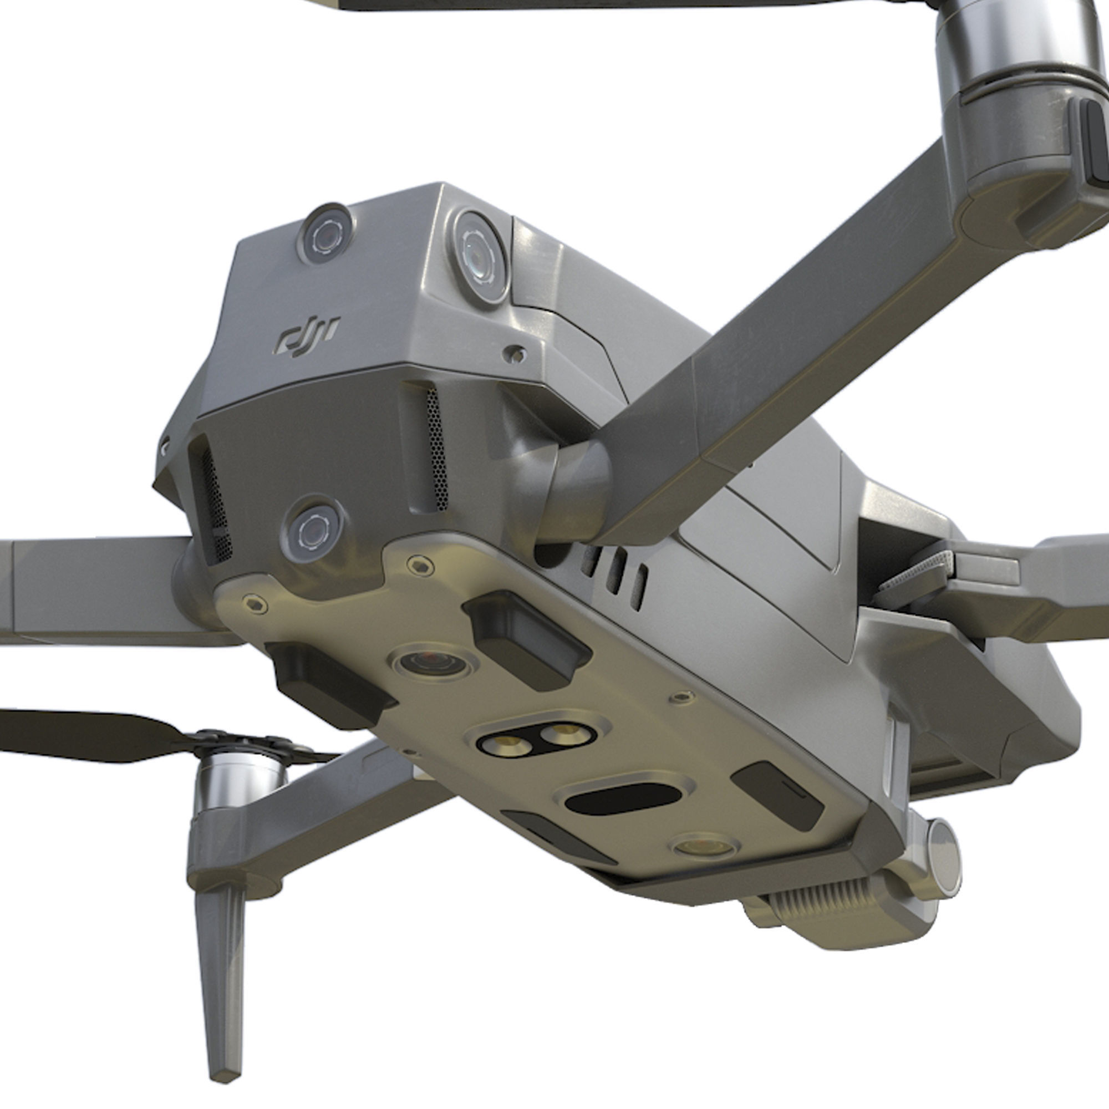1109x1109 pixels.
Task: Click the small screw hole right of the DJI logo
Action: tap(516, 354)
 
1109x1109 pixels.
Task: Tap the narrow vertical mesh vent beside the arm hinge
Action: tap(436, 447)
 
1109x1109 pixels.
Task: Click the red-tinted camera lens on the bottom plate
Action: tap(431, 663)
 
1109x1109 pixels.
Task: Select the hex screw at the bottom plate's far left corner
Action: tap(255, 603)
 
